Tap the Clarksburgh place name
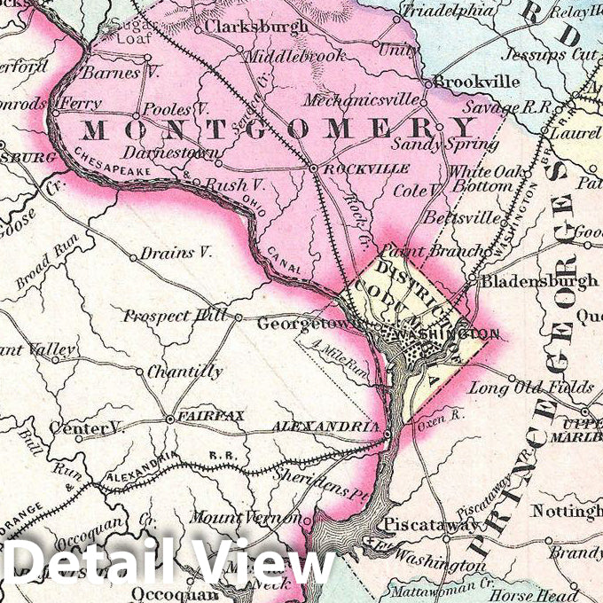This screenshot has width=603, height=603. (x=256, y=26)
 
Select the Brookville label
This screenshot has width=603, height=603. (x=477, y=81)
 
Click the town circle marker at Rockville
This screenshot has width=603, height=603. (x=313, y=167)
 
